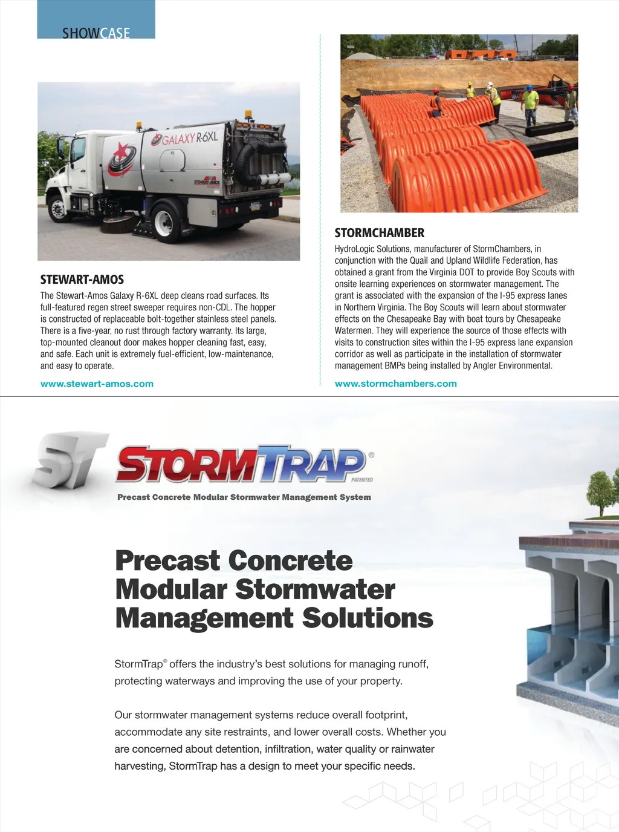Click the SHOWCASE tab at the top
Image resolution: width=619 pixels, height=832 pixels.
[96, 32]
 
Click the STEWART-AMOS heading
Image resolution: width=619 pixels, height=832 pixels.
[82, 280]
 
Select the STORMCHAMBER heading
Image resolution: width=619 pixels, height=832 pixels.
[380, 233]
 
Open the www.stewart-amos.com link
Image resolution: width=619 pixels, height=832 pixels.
[97, 384]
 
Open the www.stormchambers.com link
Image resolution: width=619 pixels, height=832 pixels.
[396, 384]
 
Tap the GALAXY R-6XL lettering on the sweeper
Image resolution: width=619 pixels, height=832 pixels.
[190, 139]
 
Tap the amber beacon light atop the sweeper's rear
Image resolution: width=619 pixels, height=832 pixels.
[248, 115]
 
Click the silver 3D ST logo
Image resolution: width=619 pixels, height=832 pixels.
[70, 460]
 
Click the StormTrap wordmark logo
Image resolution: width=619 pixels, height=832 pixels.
[242, 464]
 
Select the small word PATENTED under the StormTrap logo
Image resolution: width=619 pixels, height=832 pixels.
[362, 480]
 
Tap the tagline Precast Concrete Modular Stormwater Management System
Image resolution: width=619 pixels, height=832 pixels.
[244, 497]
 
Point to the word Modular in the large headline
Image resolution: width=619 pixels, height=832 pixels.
[171, 589]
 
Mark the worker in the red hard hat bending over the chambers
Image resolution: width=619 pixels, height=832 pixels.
[436, 103]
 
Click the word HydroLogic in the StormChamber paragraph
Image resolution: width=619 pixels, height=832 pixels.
[355, 249]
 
